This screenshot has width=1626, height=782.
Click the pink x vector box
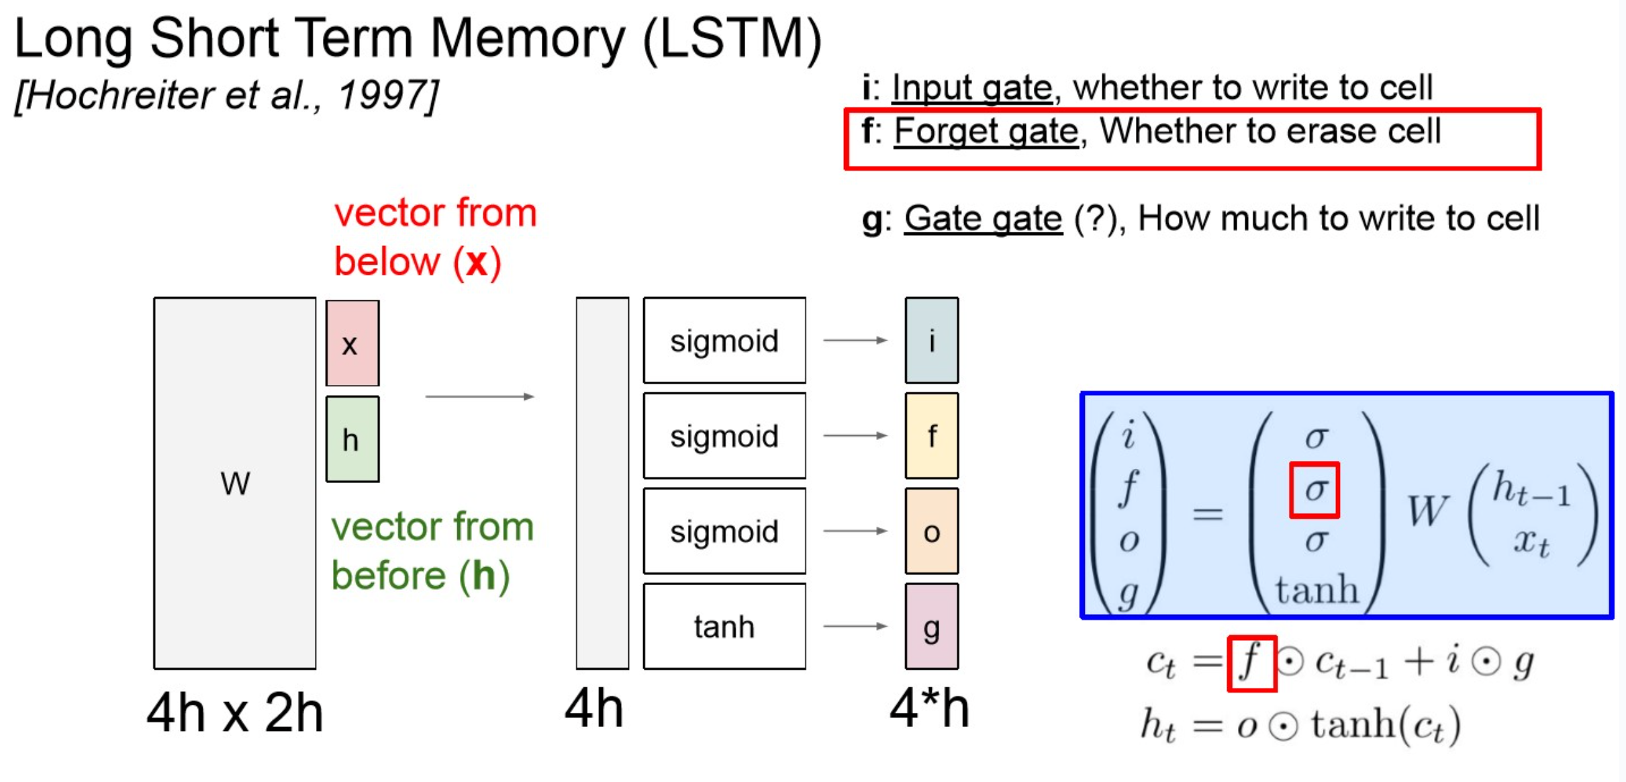point(352,343)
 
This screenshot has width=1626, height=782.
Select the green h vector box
point(352,439)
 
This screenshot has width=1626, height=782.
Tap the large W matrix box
point(235,483)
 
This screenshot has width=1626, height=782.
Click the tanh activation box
point(724,626)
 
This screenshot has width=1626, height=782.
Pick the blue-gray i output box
point(931,341)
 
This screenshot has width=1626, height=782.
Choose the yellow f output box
point(931,436)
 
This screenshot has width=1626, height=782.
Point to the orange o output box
point(931,531)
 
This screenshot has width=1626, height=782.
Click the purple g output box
point(931,627)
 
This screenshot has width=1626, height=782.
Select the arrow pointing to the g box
point(855,626)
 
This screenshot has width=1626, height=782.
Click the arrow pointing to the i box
point(855,341)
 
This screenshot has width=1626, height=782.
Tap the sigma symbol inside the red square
point(1314,490)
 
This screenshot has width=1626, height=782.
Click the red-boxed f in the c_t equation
point(1251,663)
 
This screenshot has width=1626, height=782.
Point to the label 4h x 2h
point(235,713)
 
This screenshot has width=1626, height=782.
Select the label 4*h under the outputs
point(929,709)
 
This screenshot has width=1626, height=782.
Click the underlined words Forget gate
point(986,131)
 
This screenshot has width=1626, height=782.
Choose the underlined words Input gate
point(971,88)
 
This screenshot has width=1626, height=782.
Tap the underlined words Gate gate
point(983,219)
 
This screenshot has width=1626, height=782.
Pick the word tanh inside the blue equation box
point(1317,590)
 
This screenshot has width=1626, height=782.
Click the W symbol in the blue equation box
point(1427,511)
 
